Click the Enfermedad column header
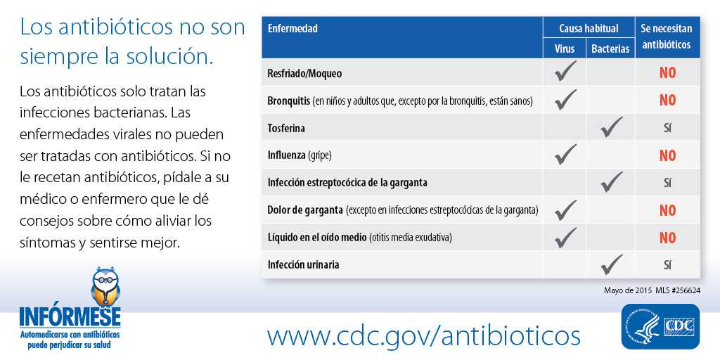(292, 29)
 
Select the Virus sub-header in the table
(565, 49)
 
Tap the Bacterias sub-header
(610, 49)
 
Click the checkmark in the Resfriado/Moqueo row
(565, 72)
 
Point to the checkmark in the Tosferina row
(612, 127)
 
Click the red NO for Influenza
(667, 155)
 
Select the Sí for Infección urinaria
(667, 265)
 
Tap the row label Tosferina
(286, 129)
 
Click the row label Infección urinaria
(304, 265)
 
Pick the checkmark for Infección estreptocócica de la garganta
(612, 182)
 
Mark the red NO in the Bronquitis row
(667, 101)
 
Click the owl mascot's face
(105, 280)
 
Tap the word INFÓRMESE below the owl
(70, 316)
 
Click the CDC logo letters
(679, 326)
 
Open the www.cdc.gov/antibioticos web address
(423, 335)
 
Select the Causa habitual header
(589, 28)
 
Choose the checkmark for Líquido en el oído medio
(565, 236)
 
